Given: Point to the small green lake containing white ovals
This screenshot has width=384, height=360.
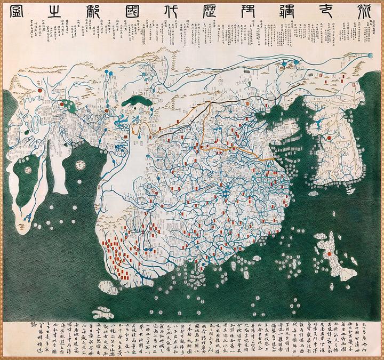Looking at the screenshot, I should [68, 105].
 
